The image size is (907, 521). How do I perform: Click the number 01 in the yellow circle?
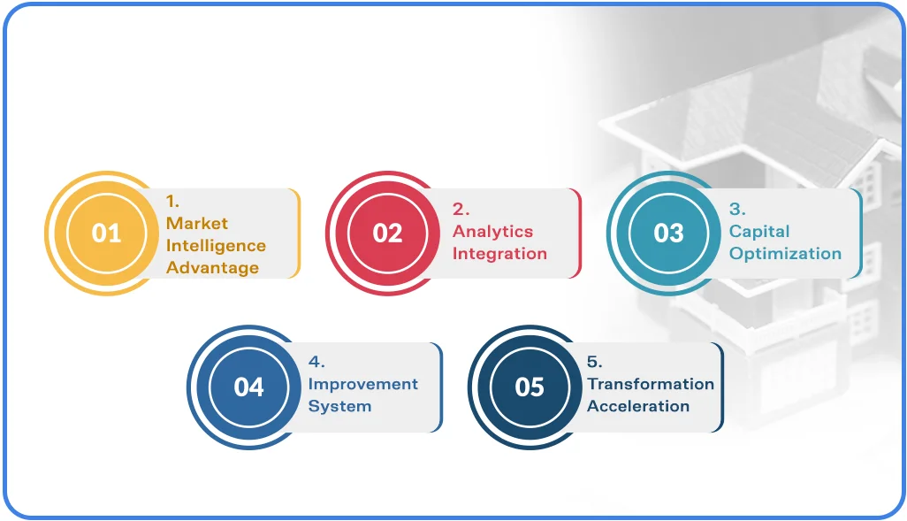point(106,234)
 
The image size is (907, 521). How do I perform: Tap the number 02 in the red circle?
point(387,234)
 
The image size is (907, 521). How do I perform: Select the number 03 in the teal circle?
point(668,234)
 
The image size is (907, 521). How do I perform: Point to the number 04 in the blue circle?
point(248,387)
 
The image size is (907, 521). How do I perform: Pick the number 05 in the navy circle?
point(530,387)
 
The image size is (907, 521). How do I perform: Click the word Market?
point(196,224)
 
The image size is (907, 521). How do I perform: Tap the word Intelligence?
point(216,246)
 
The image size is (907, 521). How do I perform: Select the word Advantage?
point(212,268)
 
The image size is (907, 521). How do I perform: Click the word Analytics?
point(492,232)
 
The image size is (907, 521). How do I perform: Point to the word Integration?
point(499,254)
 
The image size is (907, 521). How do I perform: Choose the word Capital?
point(758,232)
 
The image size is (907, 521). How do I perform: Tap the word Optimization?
point(785,254)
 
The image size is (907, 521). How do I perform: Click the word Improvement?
point(362,384)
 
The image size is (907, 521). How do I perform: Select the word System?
point(339,406)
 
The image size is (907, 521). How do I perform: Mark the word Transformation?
point(651,384)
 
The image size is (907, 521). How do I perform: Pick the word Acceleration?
point(638,406)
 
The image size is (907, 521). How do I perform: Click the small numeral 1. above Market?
point(172,202)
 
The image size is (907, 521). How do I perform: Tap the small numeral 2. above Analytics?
point(461,209)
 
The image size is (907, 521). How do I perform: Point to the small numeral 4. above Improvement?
point(316,362)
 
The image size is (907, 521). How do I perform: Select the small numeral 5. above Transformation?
point(595,362)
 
